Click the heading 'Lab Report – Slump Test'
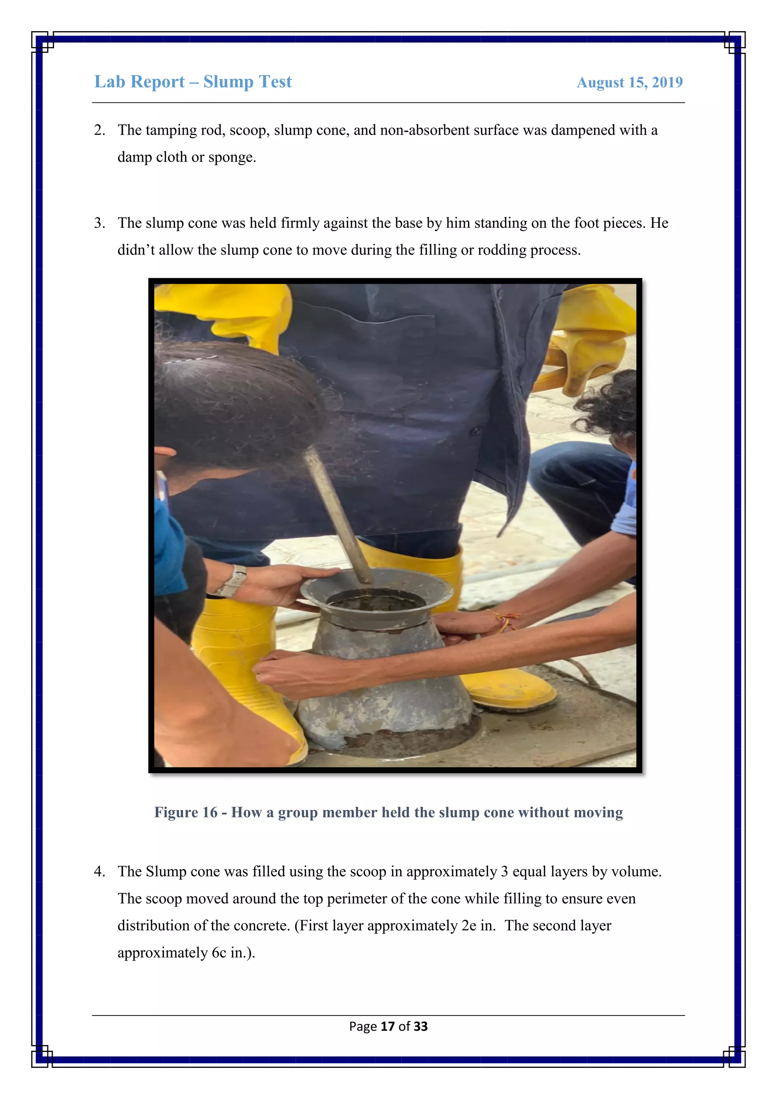point(192,82)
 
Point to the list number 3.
point(99,223)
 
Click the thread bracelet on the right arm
point(506,621)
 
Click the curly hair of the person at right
point(610,407)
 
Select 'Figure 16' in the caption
point(186,812)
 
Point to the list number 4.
point(99,872)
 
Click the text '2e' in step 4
point(469,926)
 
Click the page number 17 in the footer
point(387,1026)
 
